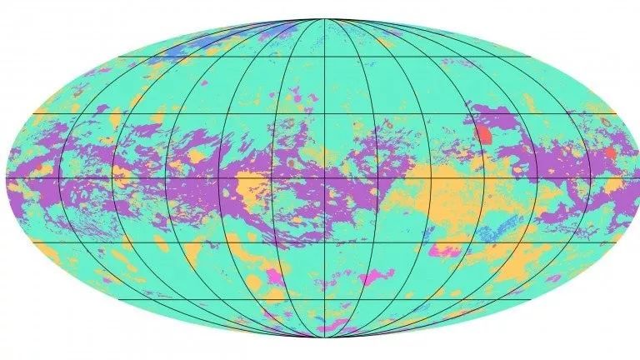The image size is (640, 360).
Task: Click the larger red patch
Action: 482,132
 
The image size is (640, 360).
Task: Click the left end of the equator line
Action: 7,179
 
